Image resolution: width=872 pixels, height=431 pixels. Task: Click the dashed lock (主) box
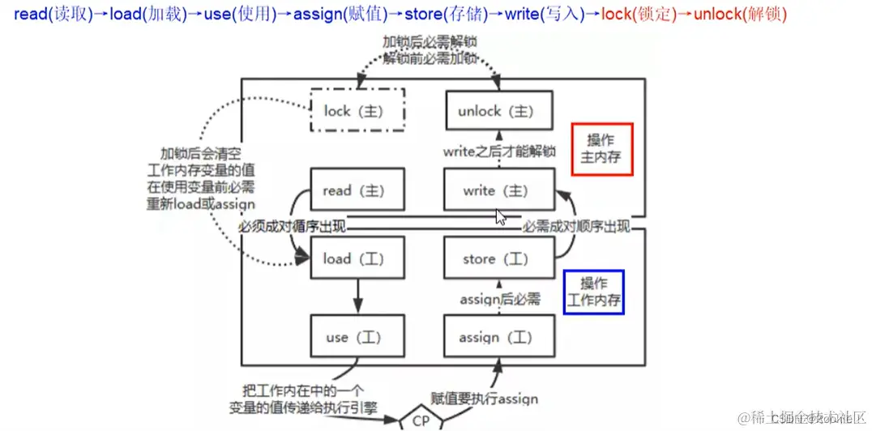point(357,111)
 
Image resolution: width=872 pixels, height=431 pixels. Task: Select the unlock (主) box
point(498,111)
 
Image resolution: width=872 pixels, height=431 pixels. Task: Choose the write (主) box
point(498,191)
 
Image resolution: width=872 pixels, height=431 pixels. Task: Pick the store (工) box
point(498,259)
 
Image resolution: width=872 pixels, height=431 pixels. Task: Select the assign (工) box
point(498,337)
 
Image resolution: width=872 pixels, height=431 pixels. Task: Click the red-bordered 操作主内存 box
point(601,149)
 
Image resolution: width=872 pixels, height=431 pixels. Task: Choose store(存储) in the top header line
point(443,15)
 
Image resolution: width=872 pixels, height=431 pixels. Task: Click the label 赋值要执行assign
point(484,399)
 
